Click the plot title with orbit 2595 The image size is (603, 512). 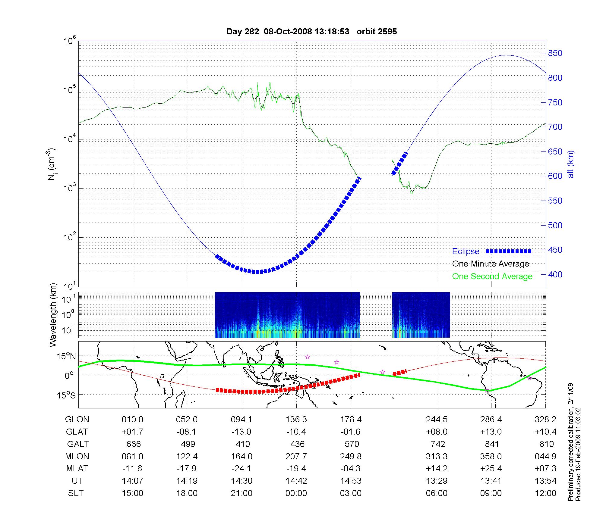(x=311, y=31)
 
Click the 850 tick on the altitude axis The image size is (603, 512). (x=555, y=53)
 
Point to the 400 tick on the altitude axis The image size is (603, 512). (x=555, y=274)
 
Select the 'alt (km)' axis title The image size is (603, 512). (x=571, y=164)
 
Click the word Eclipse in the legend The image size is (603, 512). (x=466, y=251)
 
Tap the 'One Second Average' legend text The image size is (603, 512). (x=492, y=276)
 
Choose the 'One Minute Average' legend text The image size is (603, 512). (x=491, y=264)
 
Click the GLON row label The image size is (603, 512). (x=77, y=420)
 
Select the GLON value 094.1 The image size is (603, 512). (x=242, y=420)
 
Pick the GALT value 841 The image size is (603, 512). (x=491, y=444)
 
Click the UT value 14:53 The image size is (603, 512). (x=351, y=481)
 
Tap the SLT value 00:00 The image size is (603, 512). (x=296, y=493)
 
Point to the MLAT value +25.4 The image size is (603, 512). (x=491, y=469)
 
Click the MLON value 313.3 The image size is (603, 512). (x=437, y=457)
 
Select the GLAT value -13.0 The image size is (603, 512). (x=242, y=432)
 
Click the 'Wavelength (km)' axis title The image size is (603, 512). (x=53, y=315)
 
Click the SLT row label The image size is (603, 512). (x=76, y=493)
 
